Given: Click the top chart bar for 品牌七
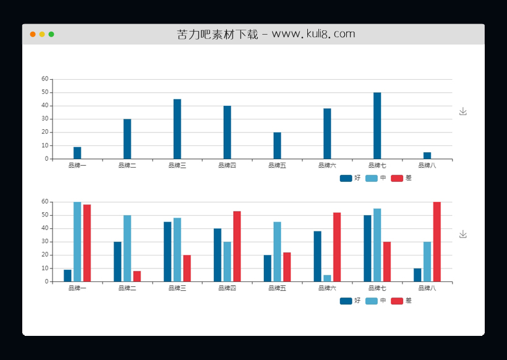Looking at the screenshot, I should (377, 126).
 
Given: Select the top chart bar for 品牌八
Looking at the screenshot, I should (427, 155).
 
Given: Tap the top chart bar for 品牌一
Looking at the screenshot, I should (77, 153).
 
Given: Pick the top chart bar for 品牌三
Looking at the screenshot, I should (177, 129).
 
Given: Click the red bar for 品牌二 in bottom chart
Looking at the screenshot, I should (137, 276).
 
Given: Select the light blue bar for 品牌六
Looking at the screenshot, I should (327, 278).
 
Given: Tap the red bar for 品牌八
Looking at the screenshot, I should (437, 242).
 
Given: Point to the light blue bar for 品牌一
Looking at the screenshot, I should (77, 242).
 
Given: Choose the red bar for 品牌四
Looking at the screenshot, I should (237, 246).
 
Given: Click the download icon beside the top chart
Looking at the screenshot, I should (463, 111).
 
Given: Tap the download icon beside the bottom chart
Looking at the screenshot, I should (463, 234).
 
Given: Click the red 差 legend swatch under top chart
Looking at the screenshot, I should (397, 178).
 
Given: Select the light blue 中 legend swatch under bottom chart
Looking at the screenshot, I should (372, 301).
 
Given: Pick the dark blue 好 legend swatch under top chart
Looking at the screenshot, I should (346, 178).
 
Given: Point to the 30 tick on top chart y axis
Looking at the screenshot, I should (45, 119).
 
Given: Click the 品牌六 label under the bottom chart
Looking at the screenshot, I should (327, 288).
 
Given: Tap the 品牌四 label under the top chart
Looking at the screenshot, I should (228, 166).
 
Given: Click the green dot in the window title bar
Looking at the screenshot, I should (51, 34).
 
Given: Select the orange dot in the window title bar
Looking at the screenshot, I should (33, 34).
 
